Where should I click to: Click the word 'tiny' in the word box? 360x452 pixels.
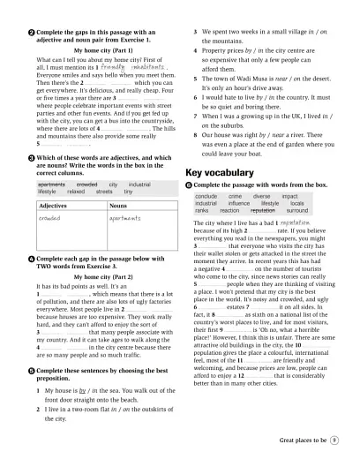coord(129,191)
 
